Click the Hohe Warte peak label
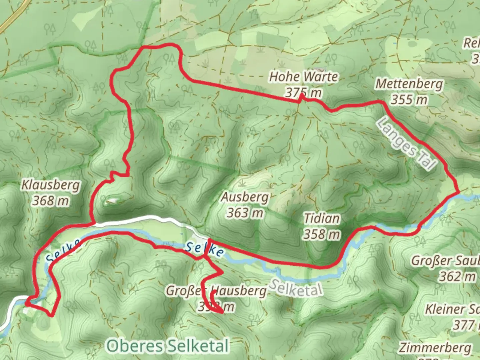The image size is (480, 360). click(x=303, y=77)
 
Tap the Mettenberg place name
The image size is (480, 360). click(x=409, y=84)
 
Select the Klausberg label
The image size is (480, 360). click(x=51, y=185)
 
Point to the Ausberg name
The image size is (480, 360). click(x=245, y=197)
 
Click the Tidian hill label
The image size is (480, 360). click(x=322, y=219)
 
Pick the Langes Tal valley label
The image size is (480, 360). click(x=406, y=143)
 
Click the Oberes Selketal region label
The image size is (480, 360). click(x=168, y=346)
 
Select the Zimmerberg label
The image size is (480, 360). click(x=435, y=348)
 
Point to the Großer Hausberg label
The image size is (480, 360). click(x=216, y=291)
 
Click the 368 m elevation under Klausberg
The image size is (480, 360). click(x=51, y=201)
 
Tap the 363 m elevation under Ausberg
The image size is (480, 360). click(x=245, y=213)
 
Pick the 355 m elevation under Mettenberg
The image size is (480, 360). click(x=409, y=99)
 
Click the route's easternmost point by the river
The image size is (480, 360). click(x=459, y=192)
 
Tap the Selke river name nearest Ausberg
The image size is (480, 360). click(x=204, y=249)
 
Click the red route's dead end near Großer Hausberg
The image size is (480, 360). click(x=222, y=312)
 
